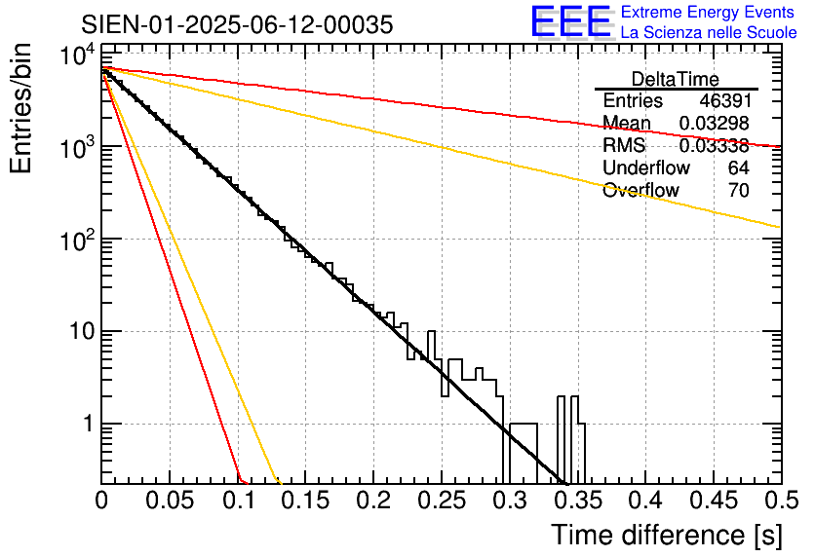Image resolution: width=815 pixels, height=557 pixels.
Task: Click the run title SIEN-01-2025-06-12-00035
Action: [238, 24]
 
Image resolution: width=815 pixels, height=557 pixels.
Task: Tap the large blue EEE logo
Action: [570, 22]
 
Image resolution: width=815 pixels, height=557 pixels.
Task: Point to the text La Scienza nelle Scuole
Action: [709, 33]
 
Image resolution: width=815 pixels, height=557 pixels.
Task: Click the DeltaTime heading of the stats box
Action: [676, 79]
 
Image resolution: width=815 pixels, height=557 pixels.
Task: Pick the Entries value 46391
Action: [724, 101]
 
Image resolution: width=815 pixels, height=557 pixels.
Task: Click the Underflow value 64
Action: [738, 167]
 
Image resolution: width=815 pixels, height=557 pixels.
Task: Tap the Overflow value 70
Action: [738, 190]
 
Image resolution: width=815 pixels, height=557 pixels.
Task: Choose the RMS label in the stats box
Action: [624, 146]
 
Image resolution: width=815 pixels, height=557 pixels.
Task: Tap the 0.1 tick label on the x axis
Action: [238, 501]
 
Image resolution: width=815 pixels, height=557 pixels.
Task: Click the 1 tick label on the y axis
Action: [87, 425]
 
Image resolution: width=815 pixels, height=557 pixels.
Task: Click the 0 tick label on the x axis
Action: [101, 501]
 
